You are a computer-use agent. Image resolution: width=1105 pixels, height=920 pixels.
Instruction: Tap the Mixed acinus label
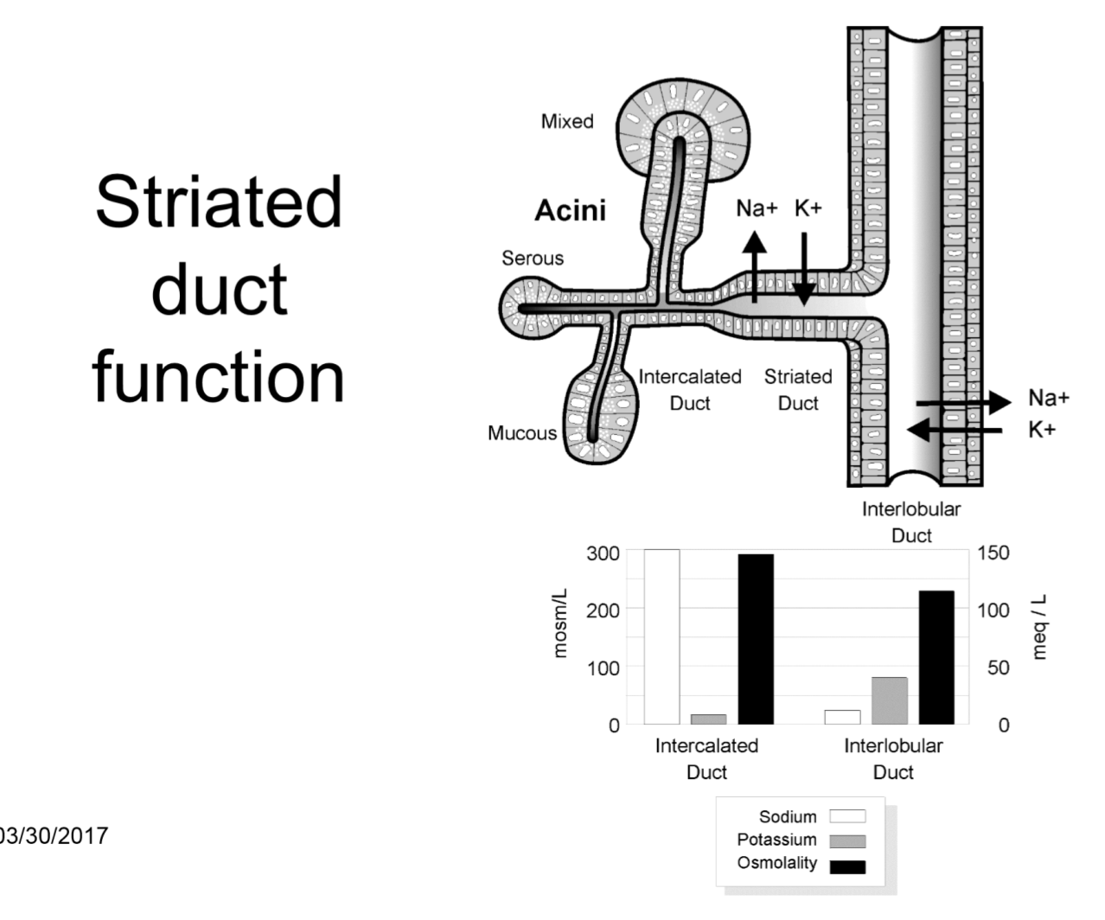coord(567,122)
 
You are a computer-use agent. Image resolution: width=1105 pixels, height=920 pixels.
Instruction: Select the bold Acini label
coord(570,210)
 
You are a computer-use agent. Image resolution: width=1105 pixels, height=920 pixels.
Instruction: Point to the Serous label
coord(533,259)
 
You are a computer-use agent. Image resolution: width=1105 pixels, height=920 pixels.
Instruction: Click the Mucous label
coord(522,433)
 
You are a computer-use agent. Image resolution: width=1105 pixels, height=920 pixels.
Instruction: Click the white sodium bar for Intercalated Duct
coord(661,636)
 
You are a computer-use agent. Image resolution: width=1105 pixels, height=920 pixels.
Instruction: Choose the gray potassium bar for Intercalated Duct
coord(708,719)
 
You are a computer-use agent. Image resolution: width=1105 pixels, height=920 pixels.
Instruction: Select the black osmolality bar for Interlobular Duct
coord(936,657)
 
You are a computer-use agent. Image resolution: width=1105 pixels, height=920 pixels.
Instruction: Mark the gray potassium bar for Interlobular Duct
coord(889,700)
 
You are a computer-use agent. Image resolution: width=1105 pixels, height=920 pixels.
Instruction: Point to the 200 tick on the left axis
coord(602,610)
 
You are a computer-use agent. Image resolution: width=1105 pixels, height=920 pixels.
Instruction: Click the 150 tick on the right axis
coord(993,553)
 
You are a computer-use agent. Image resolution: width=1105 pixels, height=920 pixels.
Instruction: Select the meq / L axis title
coord(1040,625)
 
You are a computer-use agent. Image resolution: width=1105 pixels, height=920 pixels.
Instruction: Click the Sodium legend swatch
coord(846,816)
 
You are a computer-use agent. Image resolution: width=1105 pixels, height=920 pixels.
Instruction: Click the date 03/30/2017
coord(54,836)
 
